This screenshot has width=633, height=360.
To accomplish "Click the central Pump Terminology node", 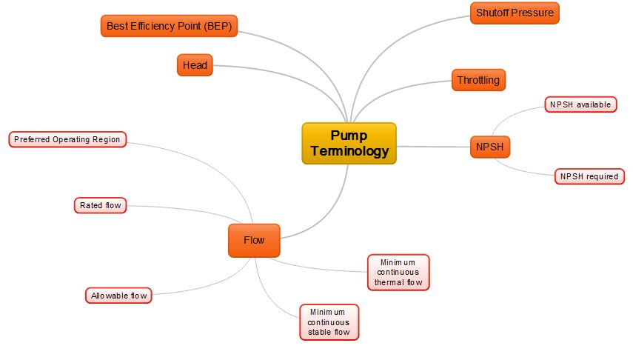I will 349,143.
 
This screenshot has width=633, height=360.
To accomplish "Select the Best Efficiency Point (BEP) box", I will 169,26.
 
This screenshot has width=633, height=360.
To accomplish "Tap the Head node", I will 195,65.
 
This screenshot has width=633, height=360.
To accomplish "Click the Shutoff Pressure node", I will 515,13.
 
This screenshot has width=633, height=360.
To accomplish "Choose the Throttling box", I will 478,80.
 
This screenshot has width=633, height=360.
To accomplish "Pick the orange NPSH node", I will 490,147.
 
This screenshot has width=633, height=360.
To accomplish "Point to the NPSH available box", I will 580,105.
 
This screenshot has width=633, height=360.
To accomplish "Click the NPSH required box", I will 589,176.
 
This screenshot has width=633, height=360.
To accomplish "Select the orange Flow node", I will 254,240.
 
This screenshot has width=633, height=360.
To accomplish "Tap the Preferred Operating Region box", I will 67,139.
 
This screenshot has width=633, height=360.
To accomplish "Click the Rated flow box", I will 101,205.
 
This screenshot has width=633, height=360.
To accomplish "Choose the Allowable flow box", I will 118,296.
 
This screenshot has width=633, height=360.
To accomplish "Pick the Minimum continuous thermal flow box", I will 398,272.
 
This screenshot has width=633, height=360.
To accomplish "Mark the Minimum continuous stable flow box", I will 329,322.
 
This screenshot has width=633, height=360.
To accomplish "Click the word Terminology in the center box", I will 349,151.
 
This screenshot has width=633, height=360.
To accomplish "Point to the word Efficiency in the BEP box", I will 158,26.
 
